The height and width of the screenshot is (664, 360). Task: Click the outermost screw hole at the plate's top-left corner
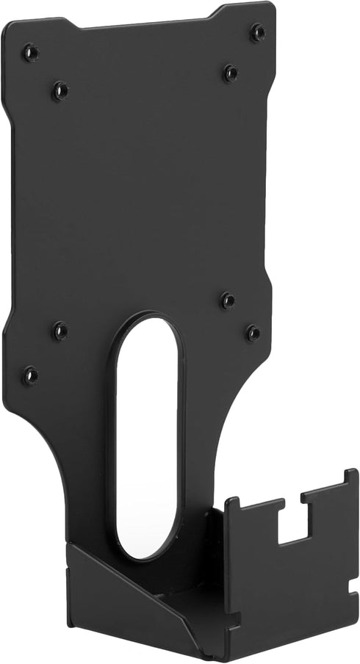(29, 52)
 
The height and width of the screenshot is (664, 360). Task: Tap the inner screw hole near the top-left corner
(60, 90)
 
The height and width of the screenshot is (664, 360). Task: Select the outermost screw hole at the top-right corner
(256, 32)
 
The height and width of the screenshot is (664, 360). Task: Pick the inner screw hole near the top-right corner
(230, 72)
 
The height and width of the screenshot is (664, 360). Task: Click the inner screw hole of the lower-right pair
(228, 300)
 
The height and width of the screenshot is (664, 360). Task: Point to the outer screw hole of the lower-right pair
(253, 332)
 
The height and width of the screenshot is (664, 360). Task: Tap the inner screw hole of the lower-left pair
(60, 331)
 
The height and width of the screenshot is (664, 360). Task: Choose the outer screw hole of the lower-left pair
(30, 375)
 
